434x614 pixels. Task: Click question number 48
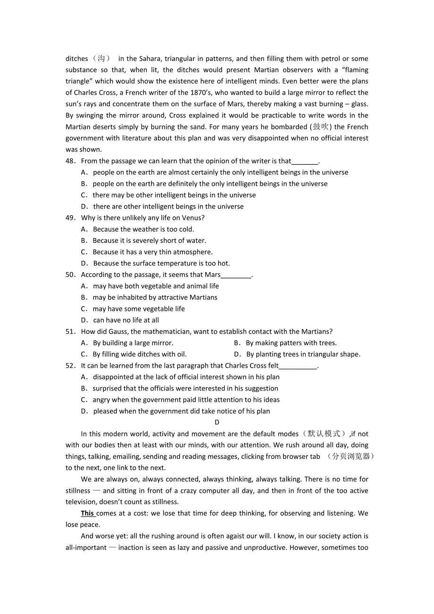tap(70, 161)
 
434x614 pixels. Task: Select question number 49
tap(70, 218)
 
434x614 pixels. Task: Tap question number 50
tap(70, 274)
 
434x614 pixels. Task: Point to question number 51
tap(70, 332)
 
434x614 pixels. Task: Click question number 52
tap(70, 365)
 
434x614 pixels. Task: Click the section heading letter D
tap(217, 423)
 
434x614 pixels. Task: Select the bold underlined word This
tap(88, 513)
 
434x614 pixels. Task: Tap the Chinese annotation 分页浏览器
tap(351, 456)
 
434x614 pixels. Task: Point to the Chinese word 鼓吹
tap(321, 127)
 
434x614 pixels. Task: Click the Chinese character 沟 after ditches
tap(101, 58)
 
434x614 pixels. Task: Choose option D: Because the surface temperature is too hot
tap(161, 263)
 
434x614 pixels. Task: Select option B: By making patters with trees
tap(291, 343)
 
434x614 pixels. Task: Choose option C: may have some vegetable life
tap(139, 309)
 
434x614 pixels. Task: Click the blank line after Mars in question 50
tap(236, 275)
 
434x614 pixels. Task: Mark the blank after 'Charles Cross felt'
tap(298, 366)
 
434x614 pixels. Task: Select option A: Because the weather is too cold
tap(143, 229)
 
